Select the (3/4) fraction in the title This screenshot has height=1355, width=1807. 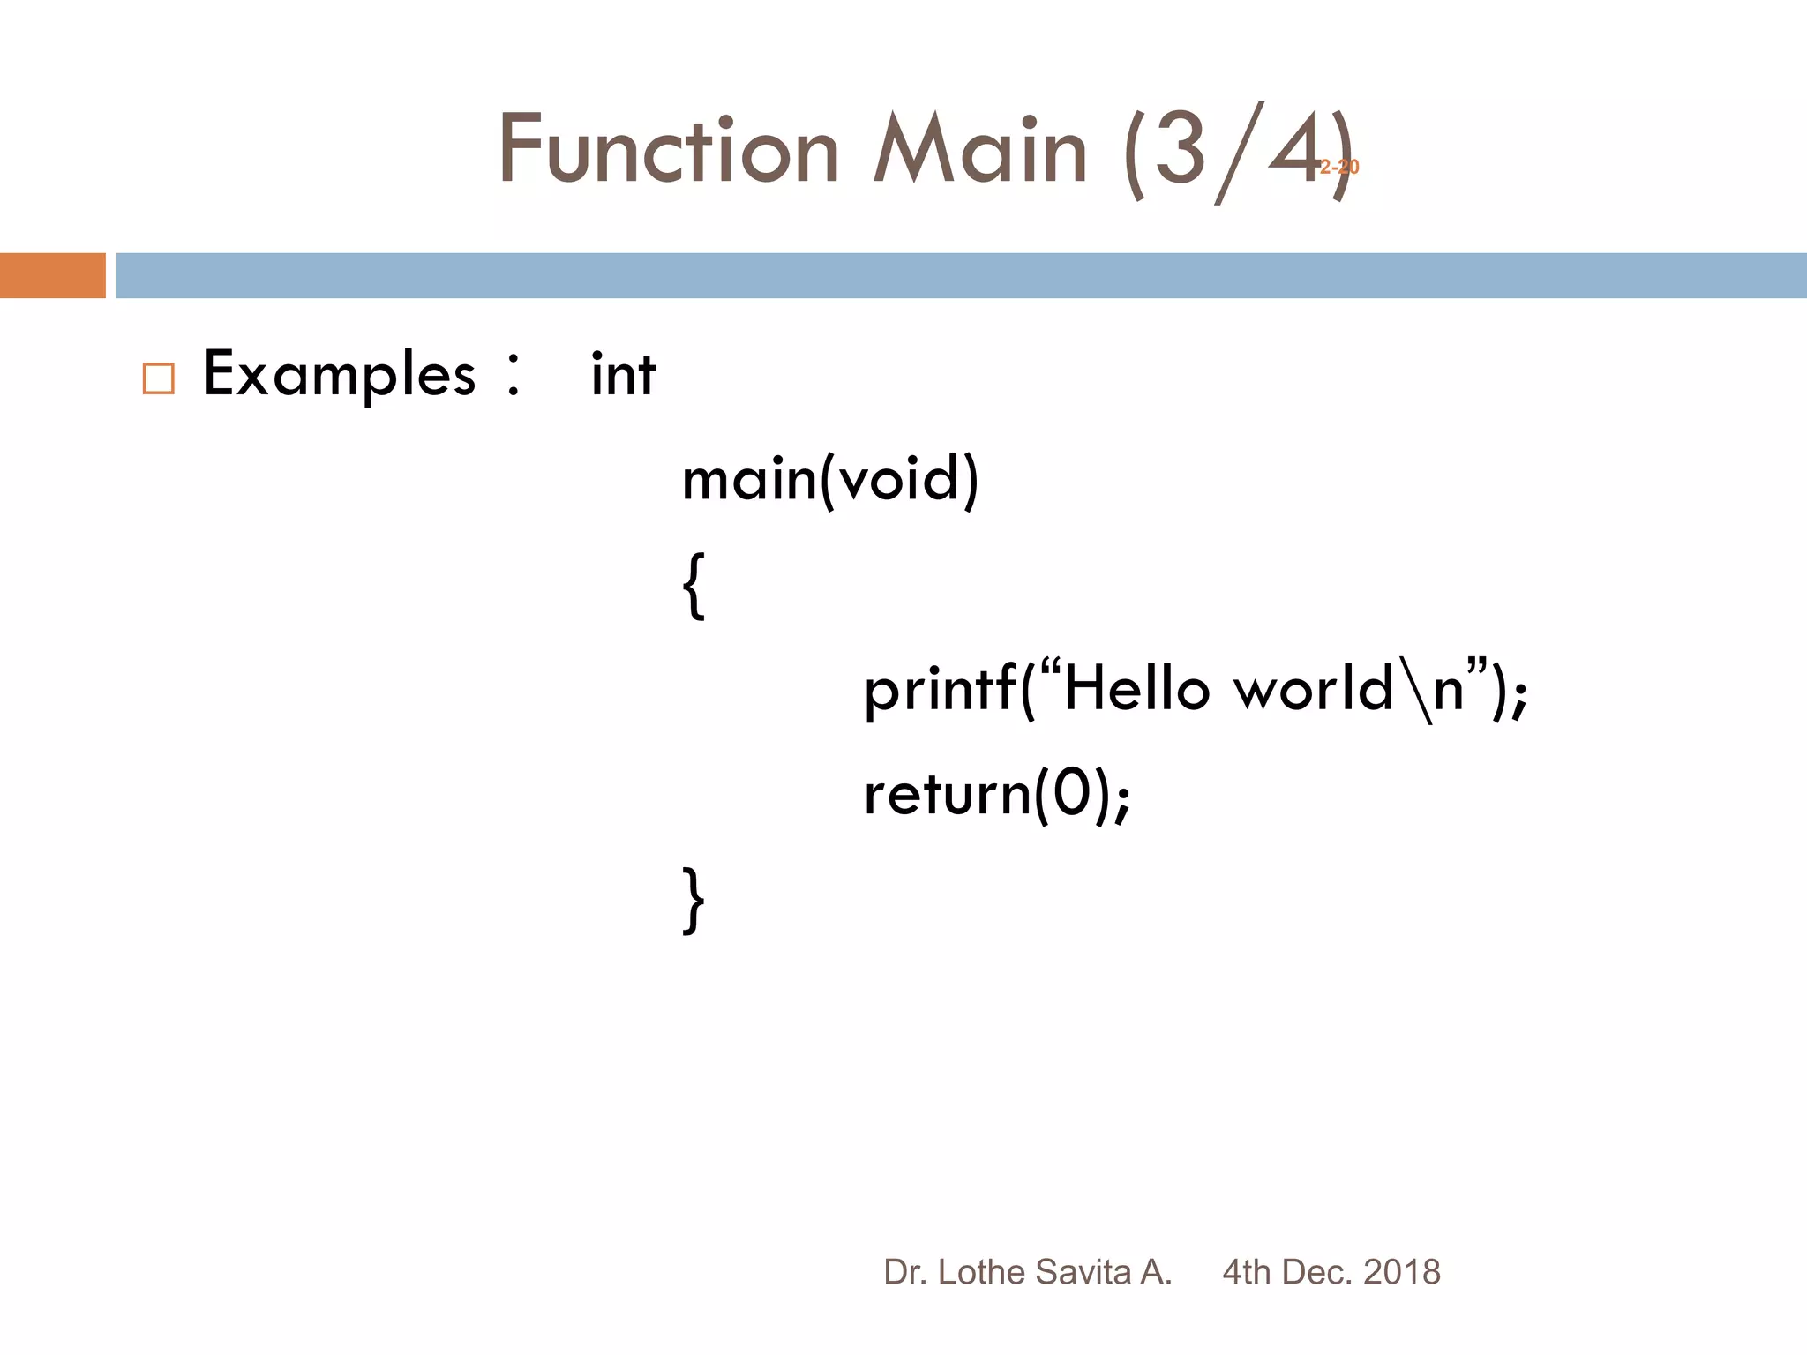coord(1235,152)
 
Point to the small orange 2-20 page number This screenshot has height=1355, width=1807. coord(1339,167)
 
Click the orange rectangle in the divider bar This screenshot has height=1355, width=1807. coord(52,275)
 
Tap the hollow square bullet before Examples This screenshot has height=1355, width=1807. coord(159,378)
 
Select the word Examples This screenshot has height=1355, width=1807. coord(340,375)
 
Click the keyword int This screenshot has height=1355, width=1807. coord(623,374)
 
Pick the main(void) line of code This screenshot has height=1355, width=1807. coord(830,480)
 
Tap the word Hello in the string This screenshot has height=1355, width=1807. coord(1137,688)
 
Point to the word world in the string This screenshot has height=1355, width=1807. coord(1314,688)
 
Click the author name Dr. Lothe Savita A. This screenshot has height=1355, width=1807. coord(1027,1272)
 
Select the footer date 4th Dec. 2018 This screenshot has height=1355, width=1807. coord(1331,1272)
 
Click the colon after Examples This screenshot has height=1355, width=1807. coord(514,375)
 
